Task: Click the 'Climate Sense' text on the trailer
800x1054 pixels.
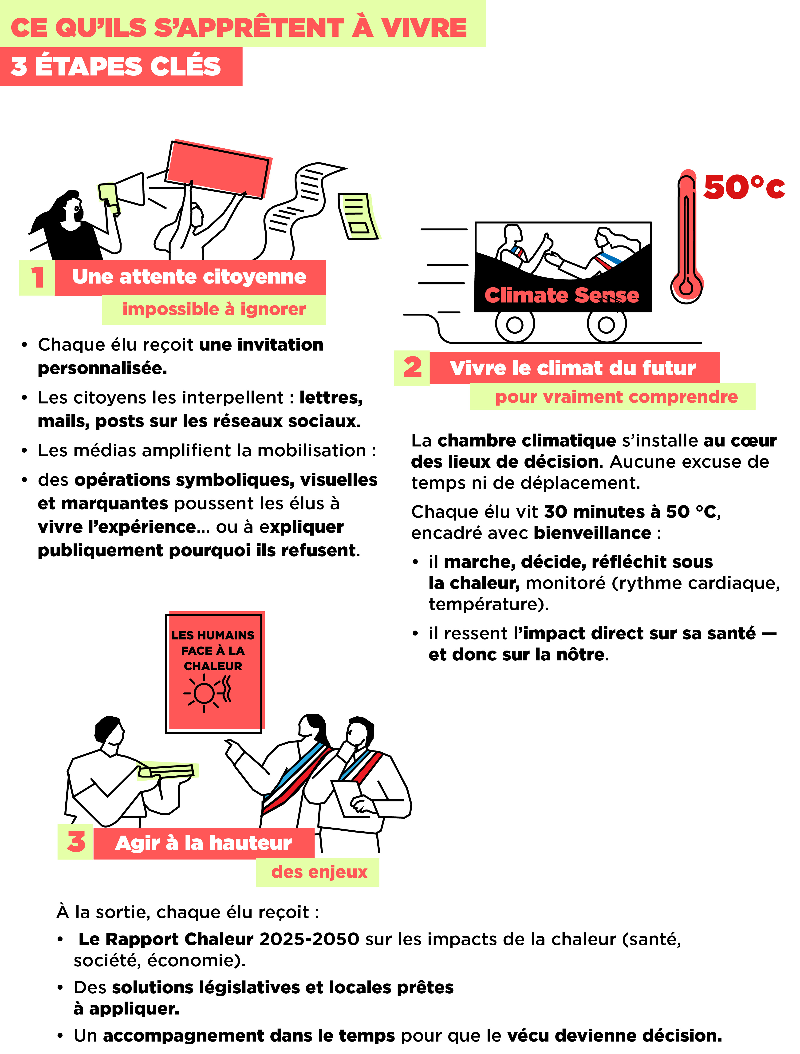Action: [x=561, y=296]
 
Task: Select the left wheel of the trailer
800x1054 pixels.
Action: [x=515, y=325]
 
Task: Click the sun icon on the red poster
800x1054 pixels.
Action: [x=205, y=693]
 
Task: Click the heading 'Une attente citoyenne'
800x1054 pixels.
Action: [x=189, y=277]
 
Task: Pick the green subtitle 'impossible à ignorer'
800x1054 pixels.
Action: [x=214, y=309]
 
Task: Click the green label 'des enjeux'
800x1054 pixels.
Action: [x=319, y=872]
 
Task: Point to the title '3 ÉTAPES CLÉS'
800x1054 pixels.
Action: [x=116, y=66]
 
